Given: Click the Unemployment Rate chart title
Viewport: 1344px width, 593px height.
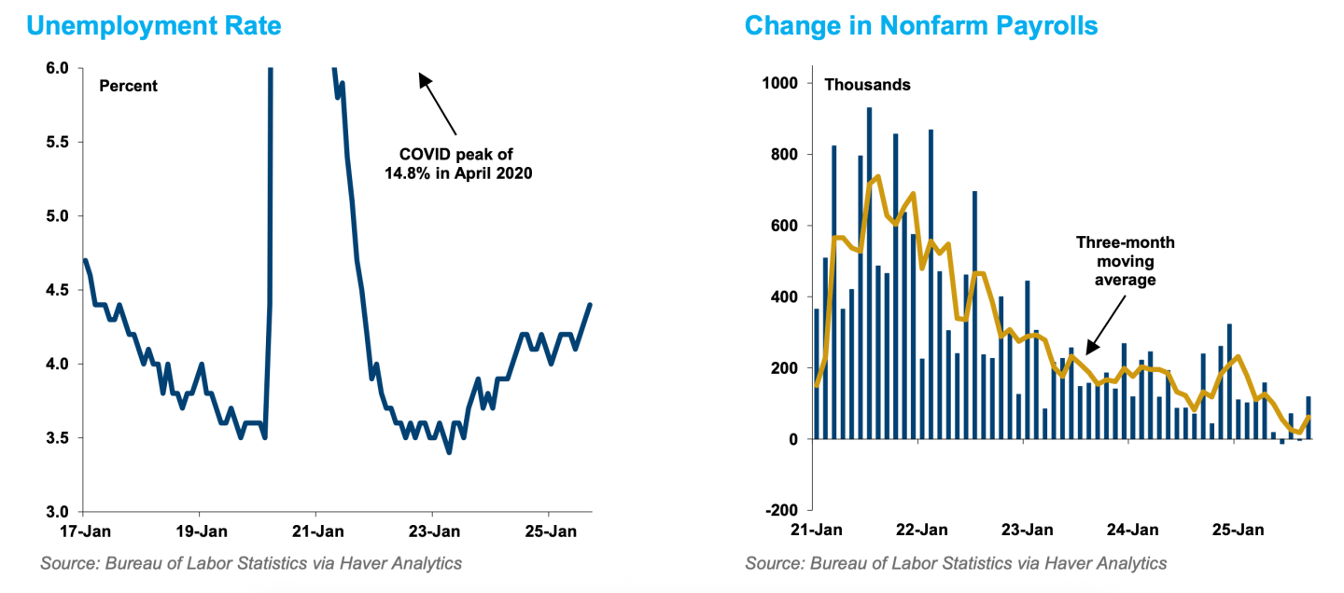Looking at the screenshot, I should click(154, 25).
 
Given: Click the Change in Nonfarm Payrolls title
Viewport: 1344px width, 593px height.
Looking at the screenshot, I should click(920, 25).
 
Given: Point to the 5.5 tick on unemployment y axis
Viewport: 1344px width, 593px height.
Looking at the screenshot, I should click(57, 142).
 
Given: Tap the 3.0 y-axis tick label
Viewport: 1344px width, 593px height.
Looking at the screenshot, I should click(57, 512).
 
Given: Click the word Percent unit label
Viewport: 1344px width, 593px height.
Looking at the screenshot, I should click(129, 86).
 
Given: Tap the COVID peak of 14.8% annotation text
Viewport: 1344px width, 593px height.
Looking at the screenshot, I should click(457, 163).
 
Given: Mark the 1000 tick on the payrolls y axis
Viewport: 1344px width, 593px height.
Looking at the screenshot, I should click(781, 83).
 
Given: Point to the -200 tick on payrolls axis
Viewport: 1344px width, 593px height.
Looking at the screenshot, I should click(781, 510).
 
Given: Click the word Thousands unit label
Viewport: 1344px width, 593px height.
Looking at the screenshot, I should click(867, 84).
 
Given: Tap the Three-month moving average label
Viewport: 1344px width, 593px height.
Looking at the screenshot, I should click(1125, 260).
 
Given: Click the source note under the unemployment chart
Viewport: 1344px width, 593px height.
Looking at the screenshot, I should click(251, 562).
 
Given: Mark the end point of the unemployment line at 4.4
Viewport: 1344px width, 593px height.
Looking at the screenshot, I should click(590, 305).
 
